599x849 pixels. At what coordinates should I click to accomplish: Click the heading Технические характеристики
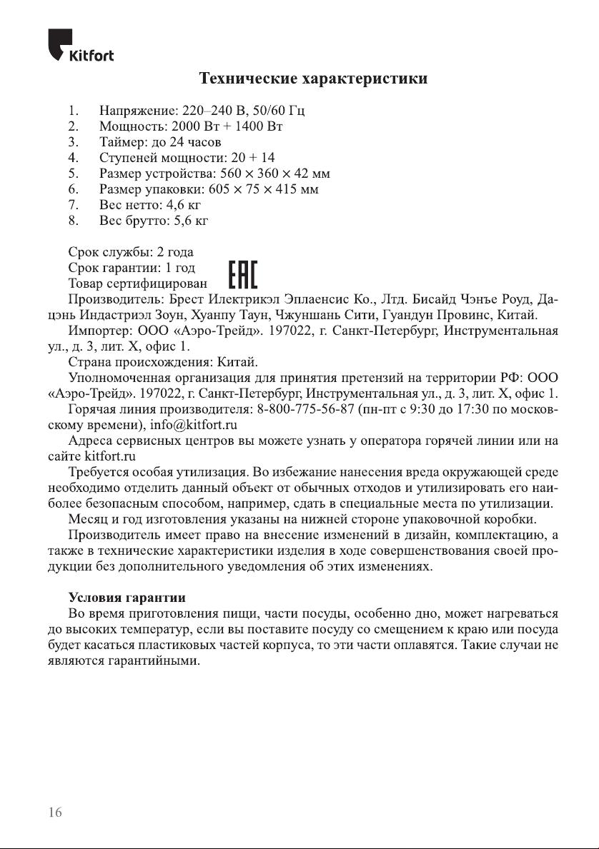pos(313,78)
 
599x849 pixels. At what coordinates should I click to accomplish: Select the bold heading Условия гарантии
pos(127,597)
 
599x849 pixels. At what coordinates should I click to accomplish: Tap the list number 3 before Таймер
pos(73,142)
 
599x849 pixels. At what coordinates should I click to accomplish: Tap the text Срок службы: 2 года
pos(130,252)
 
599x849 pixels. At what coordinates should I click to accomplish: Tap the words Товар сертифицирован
pos(137,283)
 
